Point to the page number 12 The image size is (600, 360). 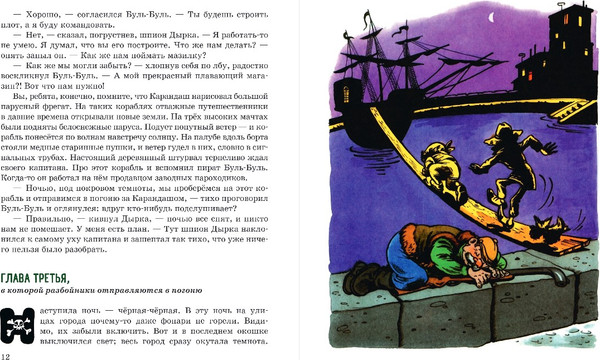coord(7,353)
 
